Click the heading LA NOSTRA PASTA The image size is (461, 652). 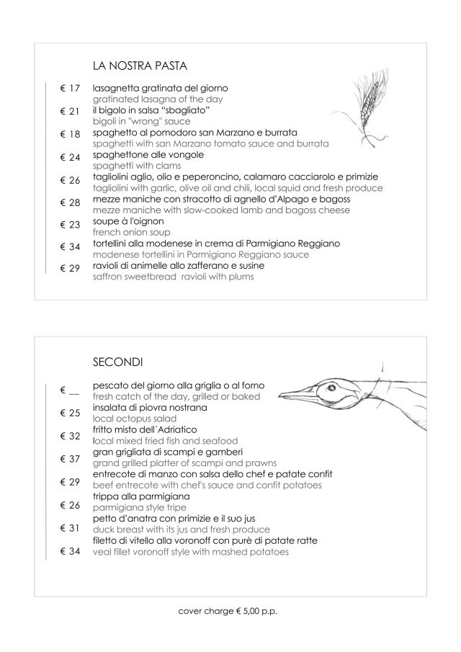tap(140, 66)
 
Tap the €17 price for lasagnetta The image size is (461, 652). tap(70, 89)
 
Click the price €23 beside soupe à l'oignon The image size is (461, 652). tap(70, 224)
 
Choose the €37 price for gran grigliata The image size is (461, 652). tap(70, 458)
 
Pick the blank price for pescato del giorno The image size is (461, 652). tap(70, 391)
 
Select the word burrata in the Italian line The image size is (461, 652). tap(277, 133)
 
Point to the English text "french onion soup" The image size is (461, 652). tap(132, 233)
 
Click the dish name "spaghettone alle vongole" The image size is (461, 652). tap(148, 155)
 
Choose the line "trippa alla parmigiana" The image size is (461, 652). tap(141, 496)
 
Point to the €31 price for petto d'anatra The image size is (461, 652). tap(70, 528)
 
